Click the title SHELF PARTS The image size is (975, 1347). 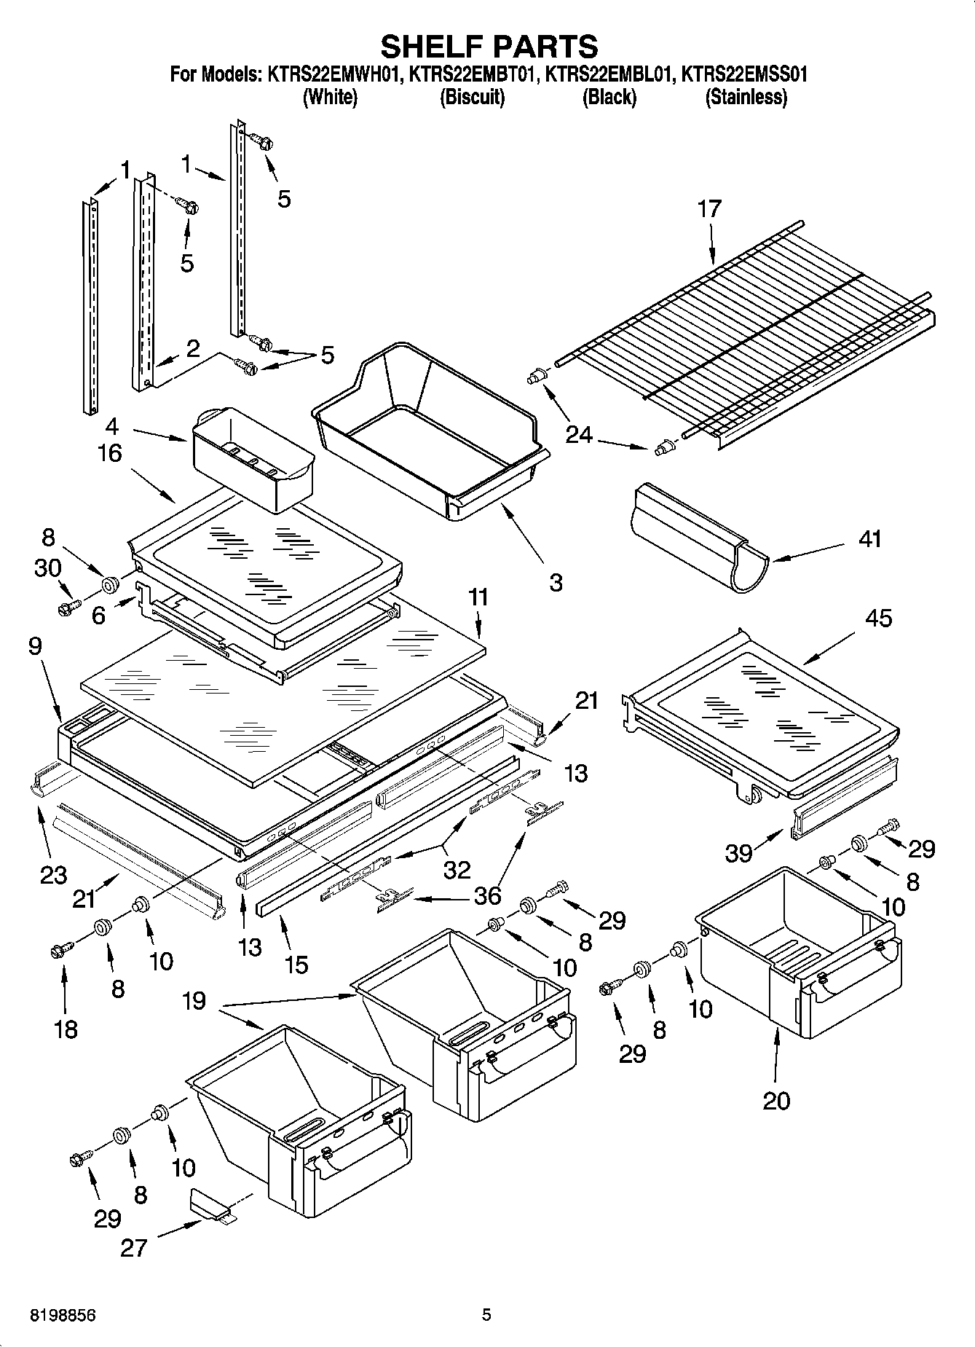(x=489, y=46)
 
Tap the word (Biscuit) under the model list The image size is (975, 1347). (x=472, y=97)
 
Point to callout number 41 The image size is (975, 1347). (x=869, y=539)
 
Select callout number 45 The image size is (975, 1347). (x=878, y=618)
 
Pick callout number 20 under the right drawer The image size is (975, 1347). (x=776, y=1100)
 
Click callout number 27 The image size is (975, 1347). (x=134, y=1249)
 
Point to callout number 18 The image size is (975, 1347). (x=66, y=1029)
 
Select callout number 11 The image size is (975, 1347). (x=478, y=598)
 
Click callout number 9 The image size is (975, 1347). (x=36, y=646)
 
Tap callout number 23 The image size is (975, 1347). (x=53, y=874)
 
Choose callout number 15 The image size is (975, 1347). (x=296, y=965)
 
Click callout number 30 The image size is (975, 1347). (x=48, y=568)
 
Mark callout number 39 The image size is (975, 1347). (x=738, y=852)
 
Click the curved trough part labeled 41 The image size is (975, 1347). (x=699, y=535)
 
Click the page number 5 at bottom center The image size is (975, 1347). (x=486, y=1315)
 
